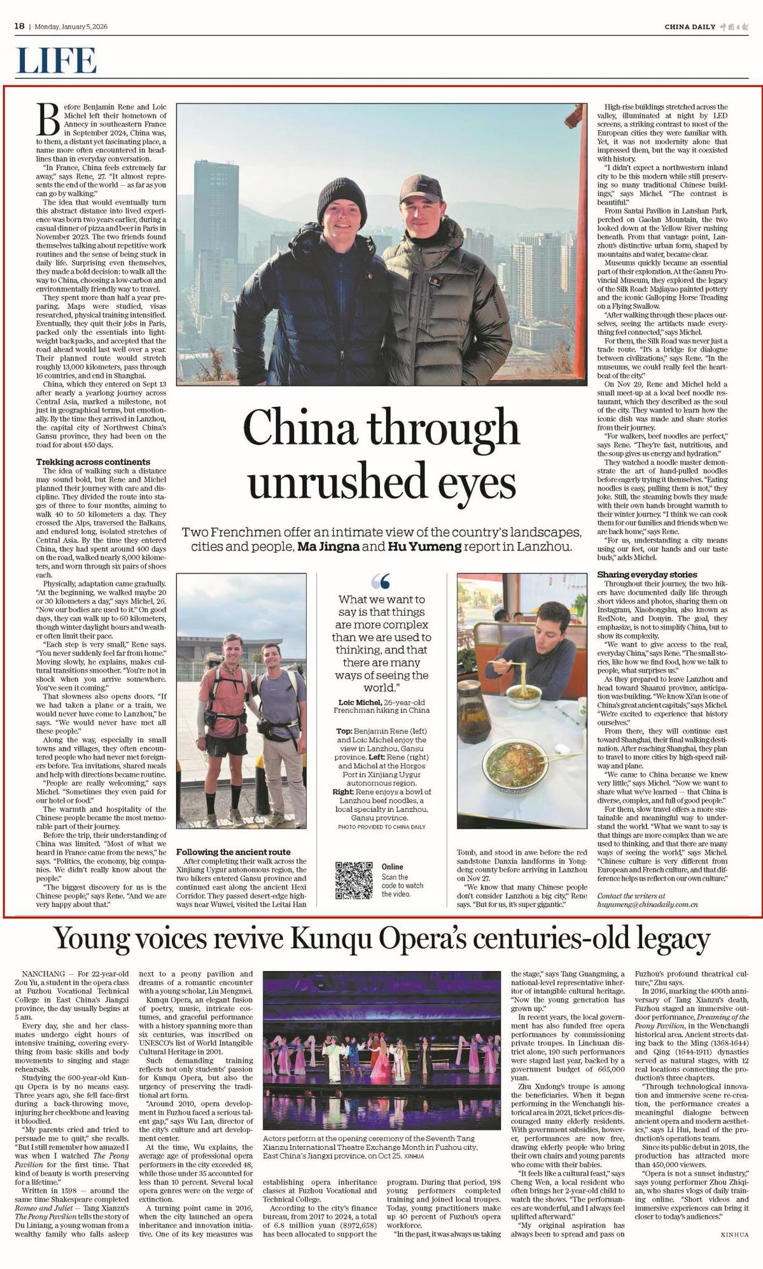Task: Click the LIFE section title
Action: [x=56, y=61]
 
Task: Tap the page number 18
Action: [x=20, y=26]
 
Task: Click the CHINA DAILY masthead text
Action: [x=689, y=27]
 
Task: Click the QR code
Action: [x=353, y=880]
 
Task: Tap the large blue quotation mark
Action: [x=380, y=581]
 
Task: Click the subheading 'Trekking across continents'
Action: [x=93, y=462]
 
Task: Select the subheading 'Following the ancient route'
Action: [x=233, y=852]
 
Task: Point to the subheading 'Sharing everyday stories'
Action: [x=647, y=574]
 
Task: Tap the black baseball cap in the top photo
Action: [x=421, y=187]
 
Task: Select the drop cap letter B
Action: [x=48, y=120]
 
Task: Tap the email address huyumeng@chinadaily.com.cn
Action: [x=647, y=904]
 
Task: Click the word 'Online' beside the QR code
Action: [x=393, y=867]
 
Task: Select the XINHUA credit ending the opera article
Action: [x=734, y=1234]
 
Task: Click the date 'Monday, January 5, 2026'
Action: [x=71, y=27]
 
